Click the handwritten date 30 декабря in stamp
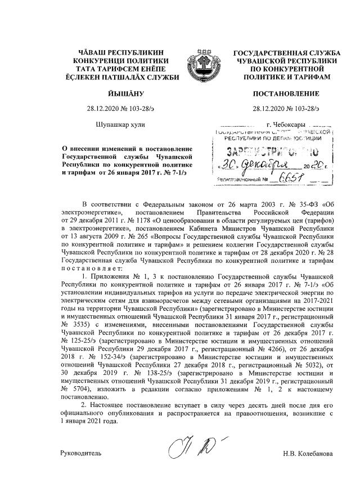pyautogui.click(x=256, y=166)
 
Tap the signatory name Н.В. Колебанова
pyautogui.click(x=308, y=454)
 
